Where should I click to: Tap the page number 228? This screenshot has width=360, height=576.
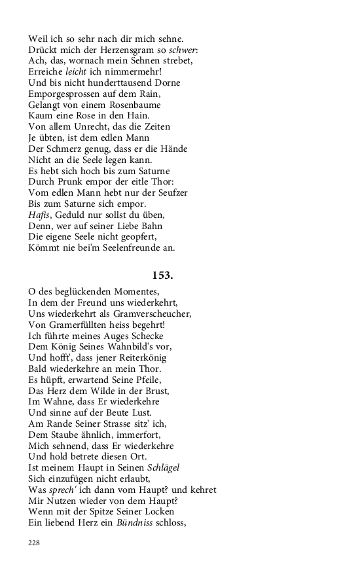click(x=34, y=542)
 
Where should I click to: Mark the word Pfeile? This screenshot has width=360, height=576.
click(x=145, y=380)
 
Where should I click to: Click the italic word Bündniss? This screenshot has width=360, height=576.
click(x=135, y=523)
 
